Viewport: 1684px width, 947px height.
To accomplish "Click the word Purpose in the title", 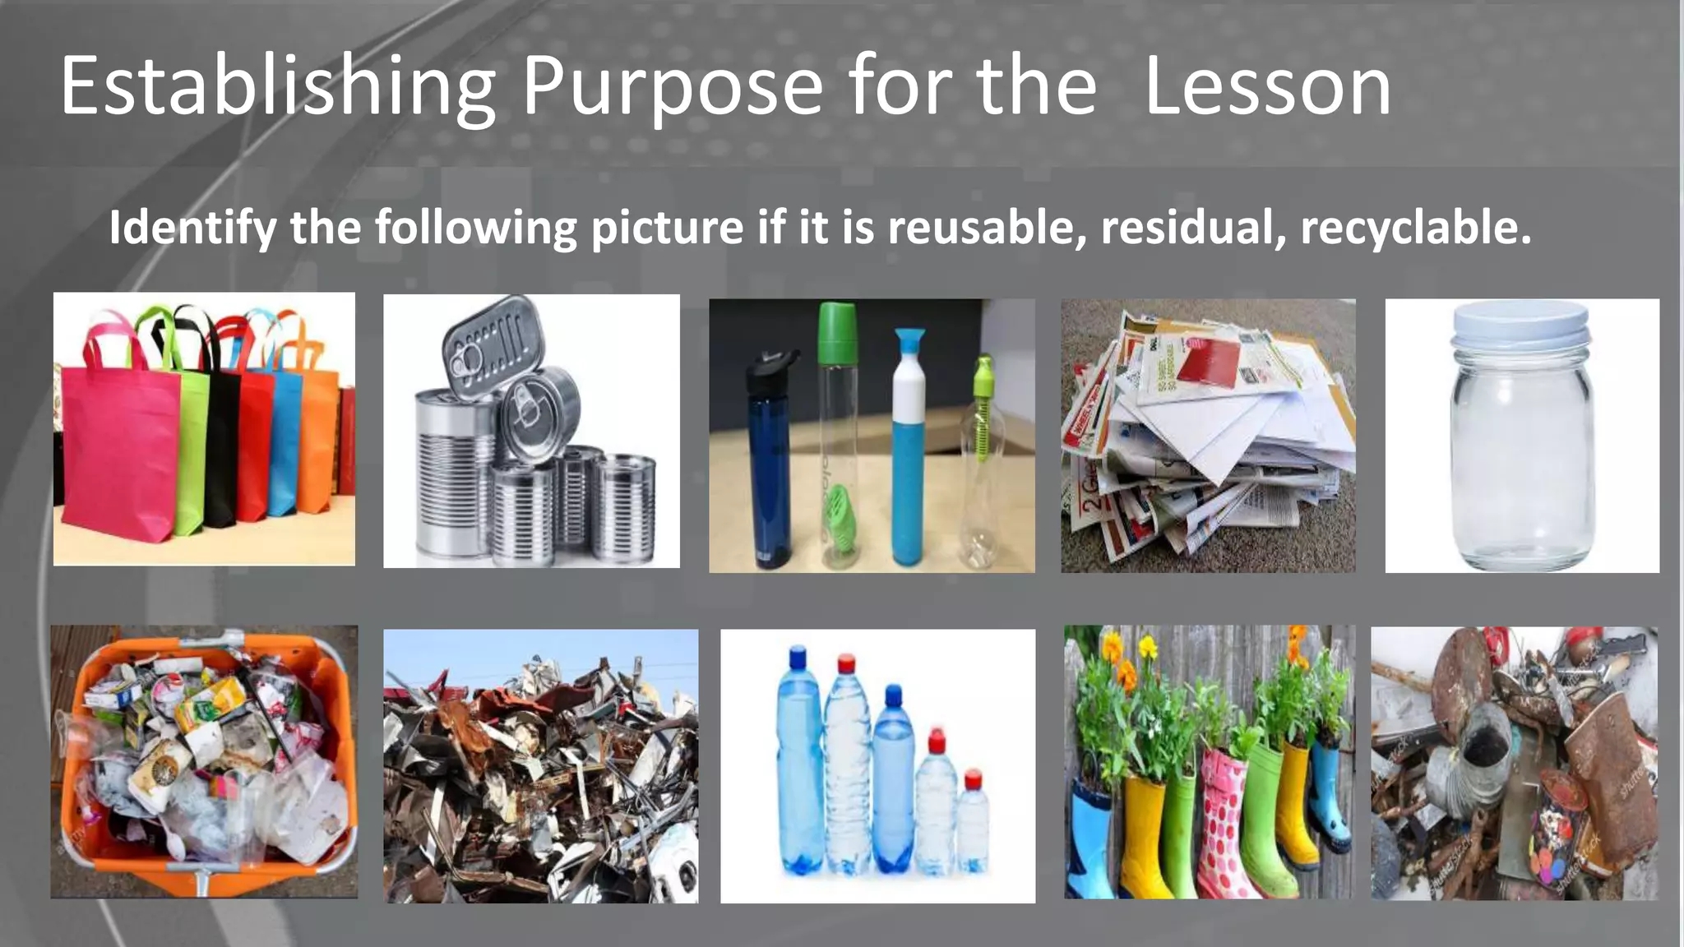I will coord(672,86).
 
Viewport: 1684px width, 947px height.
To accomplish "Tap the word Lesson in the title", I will coord(1267,86).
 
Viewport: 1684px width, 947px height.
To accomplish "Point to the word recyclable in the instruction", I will coord(1415,227).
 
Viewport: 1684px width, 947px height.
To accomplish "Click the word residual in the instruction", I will coord(1193,227).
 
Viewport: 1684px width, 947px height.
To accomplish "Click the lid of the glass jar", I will coord(1520,325).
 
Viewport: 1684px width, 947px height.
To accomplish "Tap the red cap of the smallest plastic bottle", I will coord(973,778).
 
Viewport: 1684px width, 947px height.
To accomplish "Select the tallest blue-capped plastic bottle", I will coord(798,765).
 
